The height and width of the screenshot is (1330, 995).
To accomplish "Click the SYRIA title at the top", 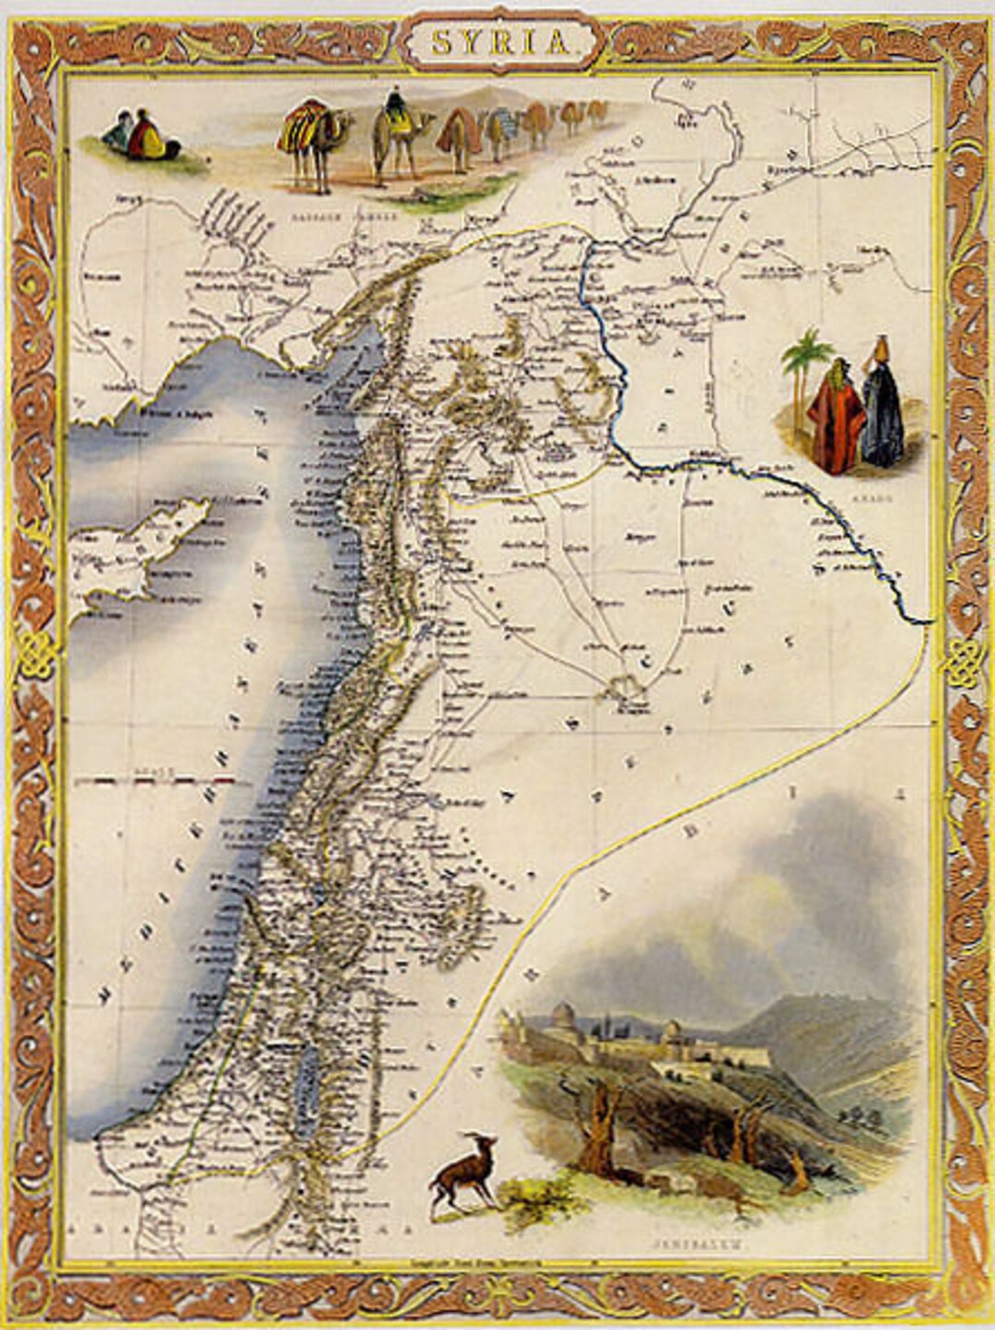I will pyautogui.click(x=497, y=41).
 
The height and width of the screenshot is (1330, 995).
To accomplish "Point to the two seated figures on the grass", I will pyautogui.click(x=133, y=135).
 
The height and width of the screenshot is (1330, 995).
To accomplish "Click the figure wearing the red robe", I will pyautogui.click(x=834, y=415).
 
